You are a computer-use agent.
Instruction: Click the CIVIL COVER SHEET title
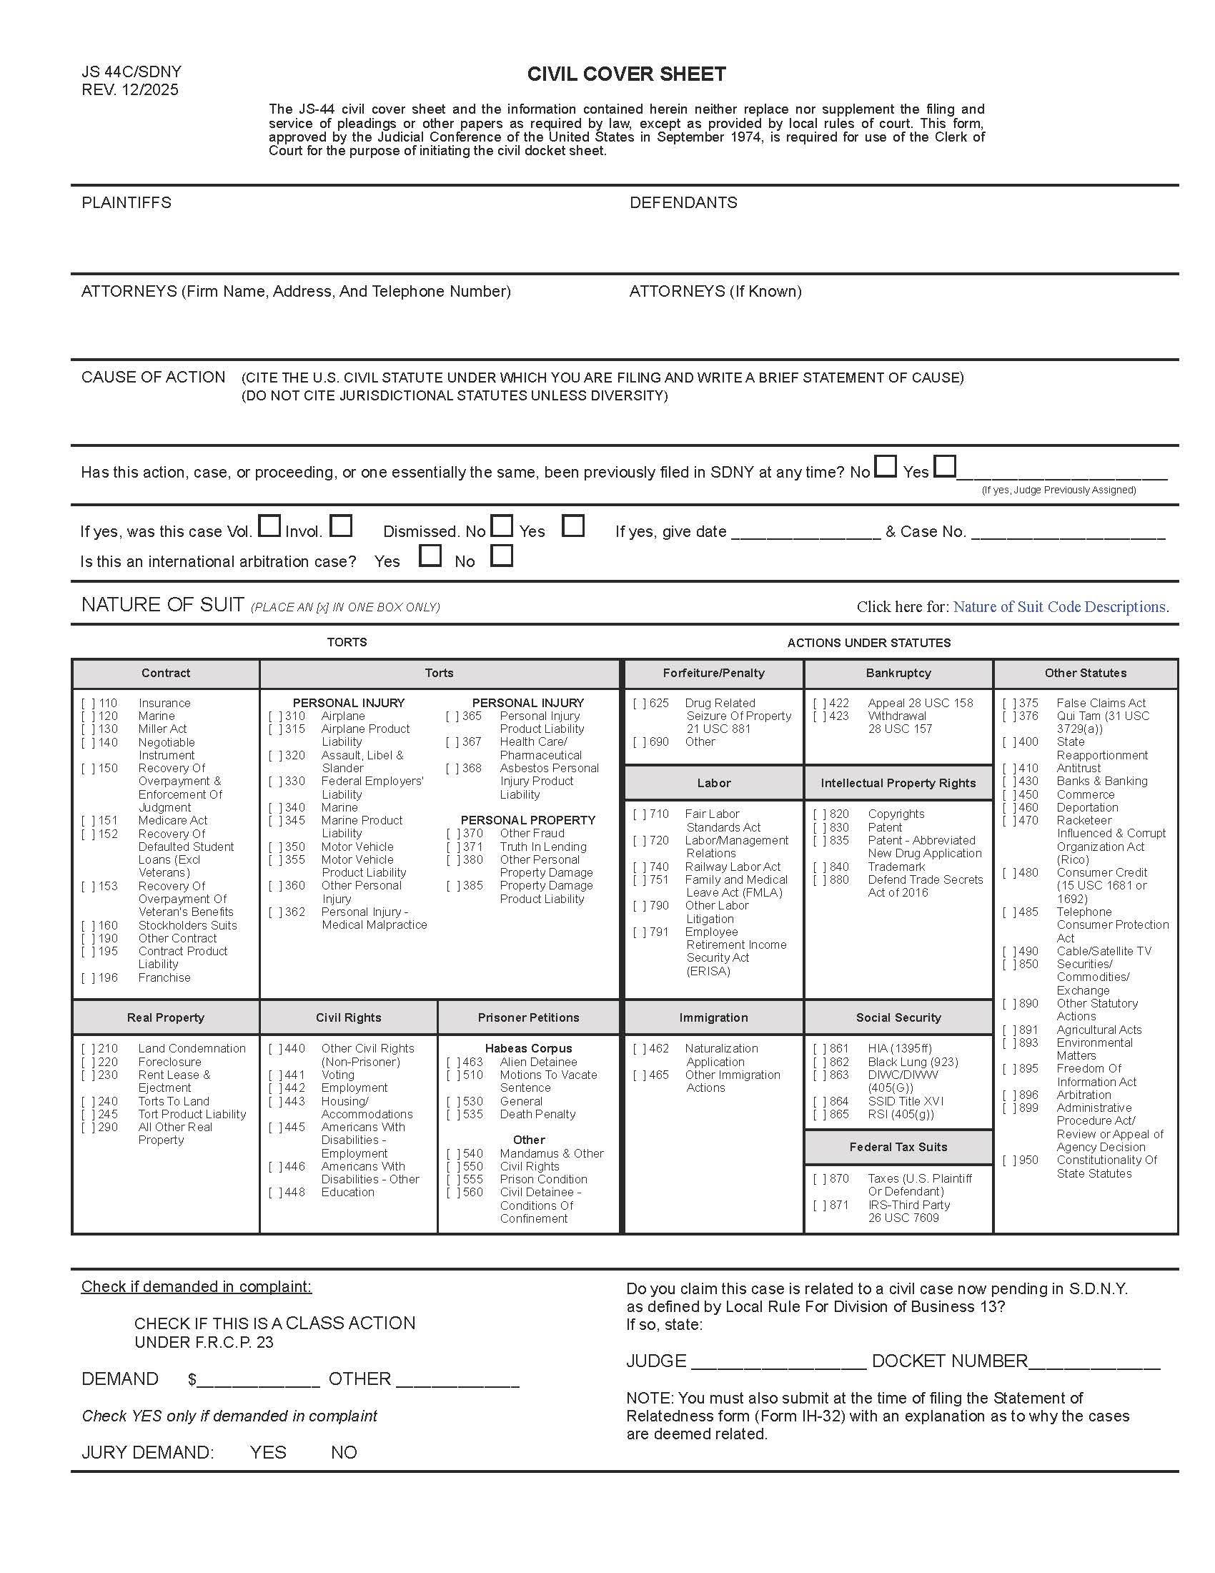pyautogui.click(x=626, y=74)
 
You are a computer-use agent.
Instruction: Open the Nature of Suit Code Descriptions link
pyautogui.click(x=1060, y=606)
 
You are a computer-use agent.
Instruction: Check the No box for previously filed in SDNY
pyautogui.click(x=886, y=467)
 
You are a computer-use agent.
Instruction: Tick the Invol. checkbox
pyautogui.click(x=340, y=526)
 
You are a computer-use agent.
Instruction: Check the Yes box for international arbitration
pyautogui.click(x=430, y=556)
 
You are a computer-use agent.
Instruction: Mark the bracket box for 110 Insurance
pyautogui.click(x=88, y=703)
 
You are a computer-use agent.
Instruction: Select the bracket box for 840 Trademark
pyautogui.click(x=819, y=867)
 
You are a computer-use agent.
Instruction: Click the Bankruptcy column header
pyautogui.click(x=898, y=673)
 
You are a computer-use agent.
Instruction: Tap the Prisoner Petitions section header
pyautogui.click(x=527, y=1017)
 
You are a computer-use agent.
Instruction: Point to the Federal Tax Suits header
pyautogui.click(x=898, y=1147)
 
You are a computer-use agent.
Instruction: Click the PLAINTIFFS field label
pyautogui.click(x=127, y=202)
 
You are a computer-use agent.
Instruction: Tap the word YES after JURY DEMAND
pyautogui.click(x=268, y=1452)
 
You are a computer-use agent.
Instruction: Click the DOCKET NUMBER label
pyautogui.click(x=949, y=1361)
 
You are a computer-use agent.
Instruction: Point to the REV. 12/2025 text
pyautogui.click(x=129, y=90)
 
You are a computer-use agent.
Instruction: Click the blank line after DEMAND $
pyautogui.click(x=259, y=1380)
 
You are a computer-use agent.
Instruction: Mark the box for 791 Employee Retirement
pyautogui.click(x=639, y=932)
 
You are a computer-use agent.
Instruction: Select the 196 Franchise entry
pyautogui.click(x=164, y=977)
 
